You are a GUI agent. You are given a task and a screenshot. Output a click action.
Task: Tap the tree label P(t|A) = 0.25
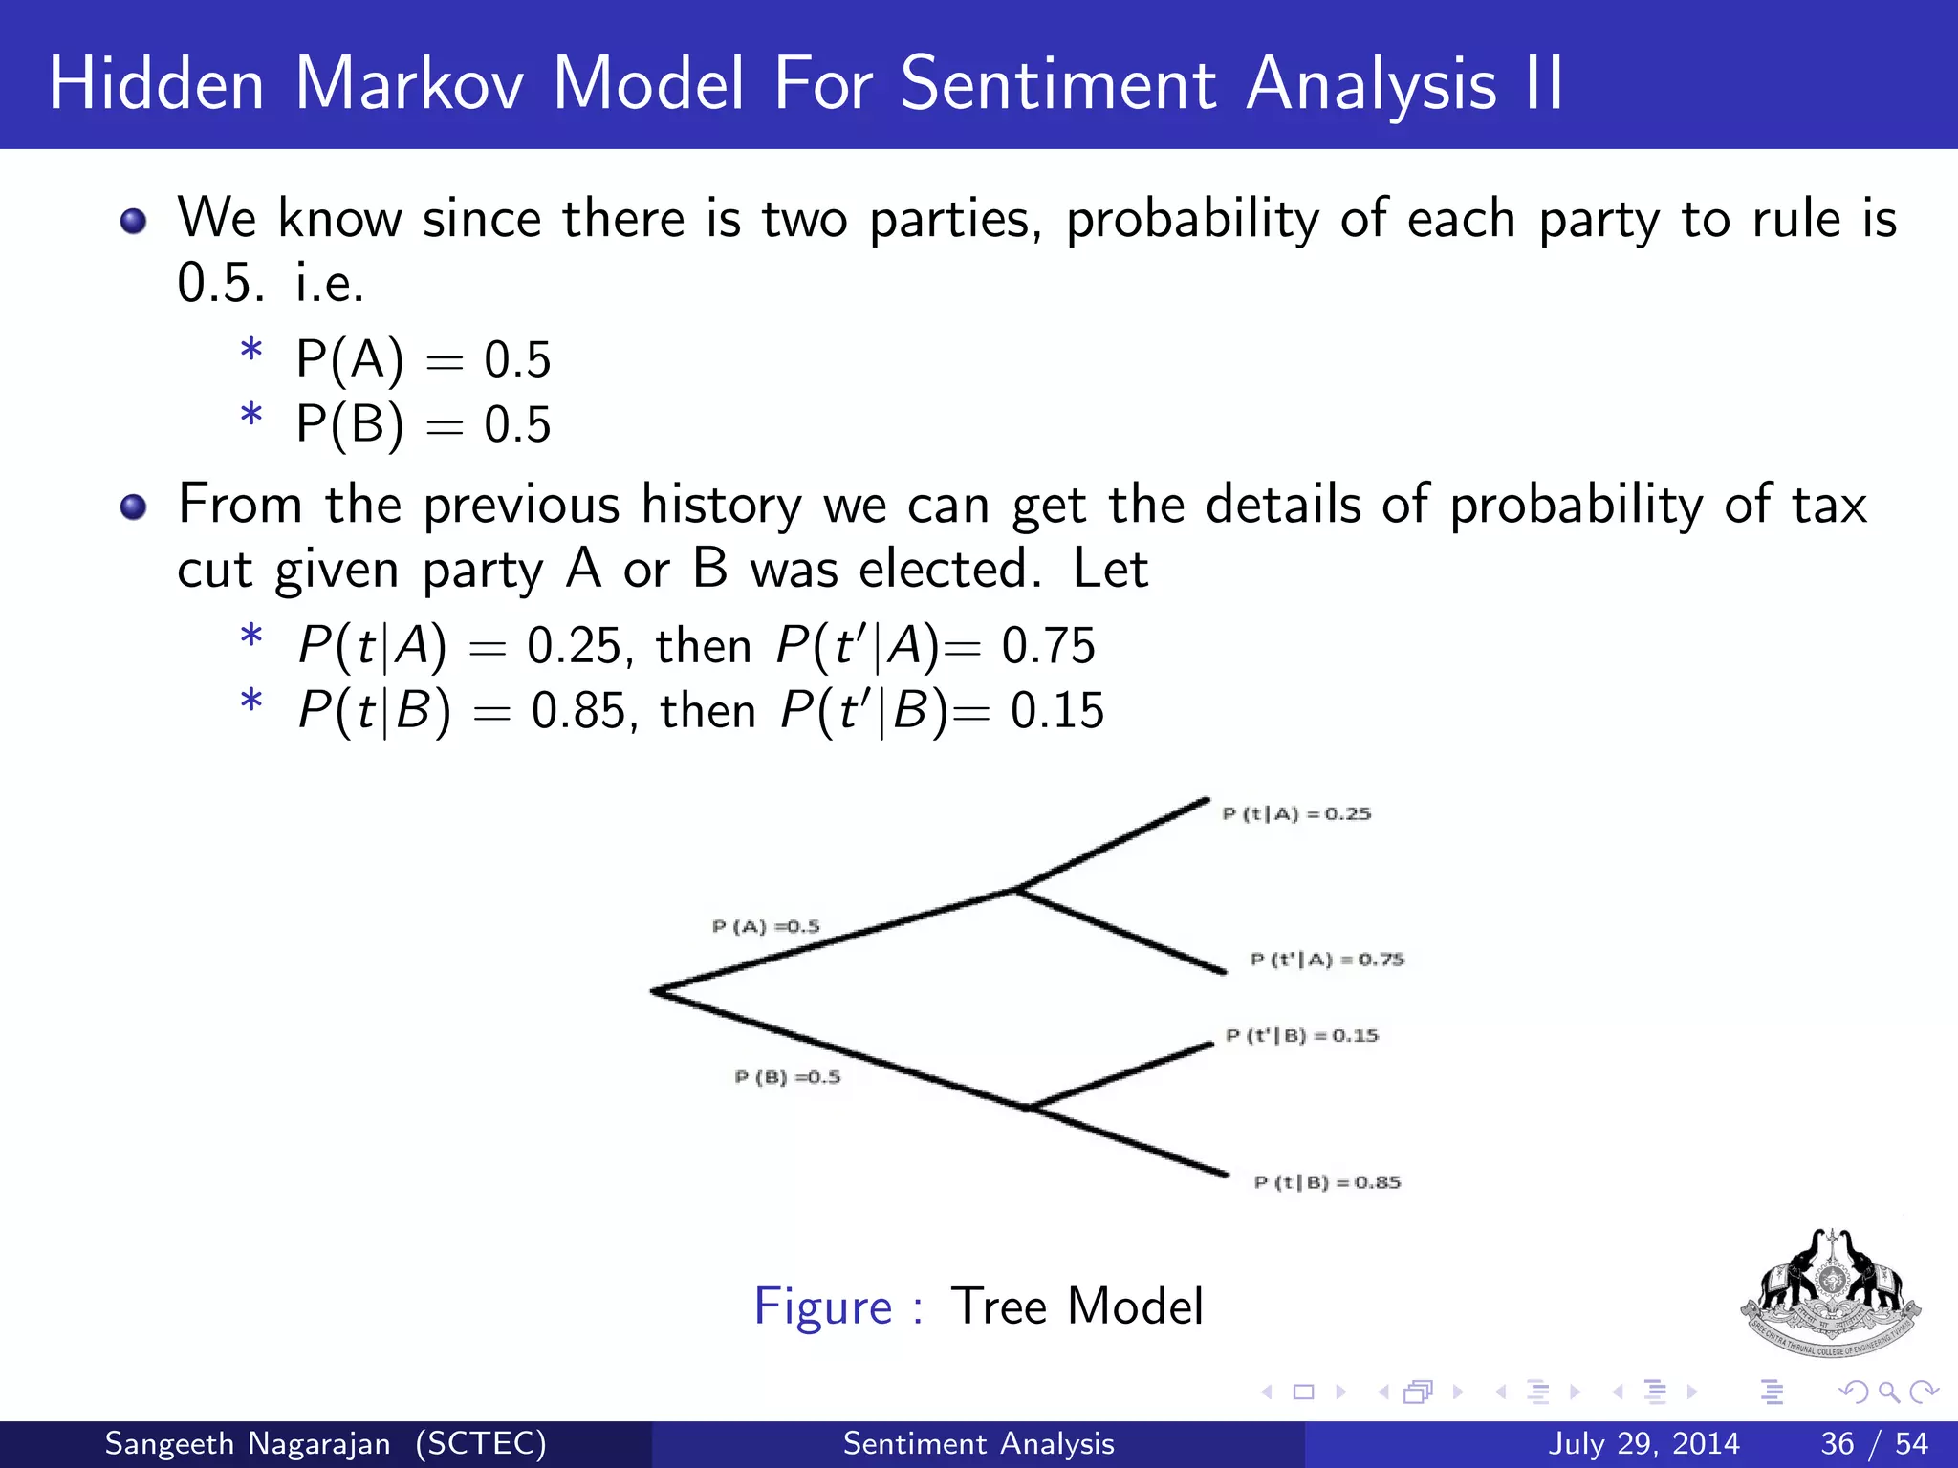click(x=1296, y=814)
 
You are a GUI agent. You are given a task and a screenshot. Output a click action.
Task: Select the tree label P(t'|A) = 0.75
click(x=1327, y=960)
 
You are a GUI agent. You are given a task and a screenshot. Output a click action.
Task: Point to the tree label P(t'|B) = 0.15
click(x=1302, y=1036)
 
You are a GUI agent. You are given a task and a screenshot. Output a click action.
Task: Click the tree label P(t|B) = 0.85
click(x=1327, y=1183)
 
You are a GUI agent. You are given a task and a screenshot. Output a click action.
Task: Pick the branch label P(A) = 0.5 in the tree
click(x=766, y=927)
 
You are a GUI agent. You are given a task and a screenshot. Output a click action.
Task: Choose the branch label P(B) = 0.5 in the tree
click(x=787, y=1078)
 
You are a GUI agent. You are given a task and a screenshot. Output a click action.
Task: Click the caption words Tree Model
click(x=1077, y=1306)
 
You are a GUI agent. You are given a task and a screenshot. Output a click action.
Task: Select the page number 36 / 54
click(x=1874, y=1443)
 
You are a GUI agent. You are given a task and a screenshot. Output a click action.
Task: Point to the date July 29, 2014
click(x=1643, y=1443)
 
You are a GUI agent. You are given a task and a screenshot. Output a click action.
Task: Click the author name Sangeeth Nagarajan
click(x=248, y=1443)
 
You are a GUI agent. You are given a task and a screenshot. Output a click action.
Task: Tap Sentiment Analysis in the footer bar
click(x=978, y=1443)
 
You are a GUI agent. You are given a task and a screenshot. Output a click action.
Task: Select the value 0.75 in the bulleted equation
click(x=1048, y=646)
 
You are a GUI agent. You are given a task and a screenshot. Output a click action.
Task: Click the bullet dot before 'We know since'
click(x=134, y=222)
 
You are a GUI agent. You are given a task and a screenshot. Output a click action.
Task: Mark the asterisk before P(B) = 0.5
click(x=251, y=418)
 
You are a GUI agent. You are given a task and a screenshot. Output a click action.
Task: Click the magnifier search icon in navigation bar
click(x=1888, y=1392)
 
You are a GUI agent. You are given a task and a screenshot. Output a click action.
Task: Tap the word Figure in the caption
click(x=822, y=1306)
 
